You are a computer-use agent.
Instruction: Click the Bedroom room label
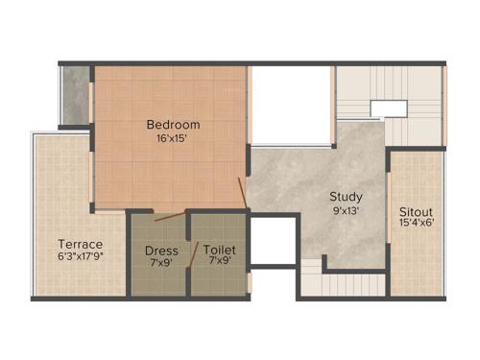point(173,125)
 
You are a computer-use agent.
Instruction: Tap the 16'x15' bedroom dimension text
point(173,138)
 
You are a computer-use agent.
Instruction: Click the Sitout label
point(418,211)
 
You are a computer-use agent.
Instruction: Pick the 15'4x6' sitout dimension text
point(418,226)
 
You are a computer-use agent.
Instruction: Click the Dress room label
point(160,250)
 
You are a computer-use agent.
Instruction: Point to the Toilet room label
point(220,250)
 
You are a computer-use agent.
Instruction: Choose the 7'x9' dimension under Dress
point(160,263)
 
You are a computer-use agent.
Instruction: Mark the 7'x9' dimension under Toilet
point(220,263)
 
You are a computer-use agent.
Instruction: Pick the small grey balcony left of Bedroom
point(75,96)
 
